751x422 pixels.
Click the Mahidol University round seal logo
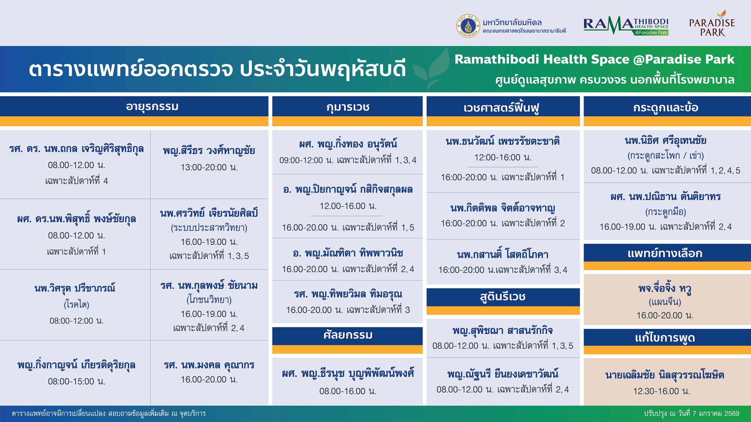click(468, 26)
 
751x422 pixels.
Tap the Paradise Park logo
click(712, 24)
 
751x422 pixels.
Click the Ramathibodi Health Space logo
click(626, 26)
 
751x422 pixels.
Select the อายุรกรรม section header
click(152, 107)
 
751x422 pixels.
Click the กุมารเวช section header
click(348, 107)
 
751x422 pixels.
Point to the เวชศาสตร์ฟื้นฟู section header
click(503, 108)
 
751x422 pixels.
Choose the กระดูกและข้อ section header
click(665, 107)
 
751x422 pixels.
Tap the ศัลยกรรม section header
click(348, 335)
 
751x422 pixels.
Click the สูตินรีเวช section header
click(503, 297)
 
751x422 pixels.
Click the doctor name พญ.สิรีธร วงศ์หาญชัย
click(209, 151)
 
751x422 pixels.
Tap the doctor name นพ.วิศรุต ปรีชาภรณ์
click(75, 288)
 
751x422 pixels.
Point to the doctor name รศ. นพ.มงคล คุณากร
click(209, 365)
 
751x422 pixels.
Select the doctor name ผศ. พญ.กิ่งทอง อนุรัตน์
click(348, 144)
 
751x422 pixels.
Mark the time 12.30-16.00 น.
click(662, 391)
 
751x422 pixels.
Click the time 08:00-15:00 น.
click(77, 382)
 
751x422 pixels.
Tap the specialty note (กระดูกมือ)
click(665, 212)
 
